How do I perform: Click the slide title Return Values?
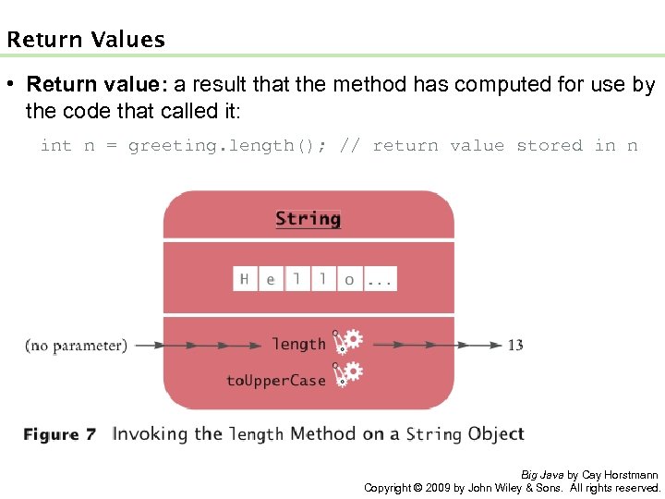coord(86,40)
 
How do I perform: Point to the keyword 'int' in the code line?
coord(56,146)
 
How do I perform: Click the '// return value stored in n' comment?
coord(489,146)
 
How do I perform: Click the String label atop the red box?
coord(308,219)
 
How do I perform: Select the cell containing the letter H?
coord(245,278)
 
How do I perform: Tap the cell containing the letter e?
coord(271,278)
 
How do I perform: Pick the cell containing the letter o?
coord(348,278)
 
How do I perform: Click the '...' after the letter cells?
coord(380,279)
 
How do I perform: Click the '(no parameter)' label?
coord(76,346)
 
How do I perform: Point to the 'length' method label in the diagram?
coord(298,344)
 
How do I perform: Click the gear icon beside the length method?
coord(349,342)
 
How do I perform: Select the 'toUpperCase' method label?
coord(275,380)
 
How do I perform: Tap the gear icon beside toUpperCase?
coord(349,374)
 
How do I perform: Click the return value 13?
coord(514,345)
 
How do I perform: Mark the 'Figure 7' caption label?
coord(59,434)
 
